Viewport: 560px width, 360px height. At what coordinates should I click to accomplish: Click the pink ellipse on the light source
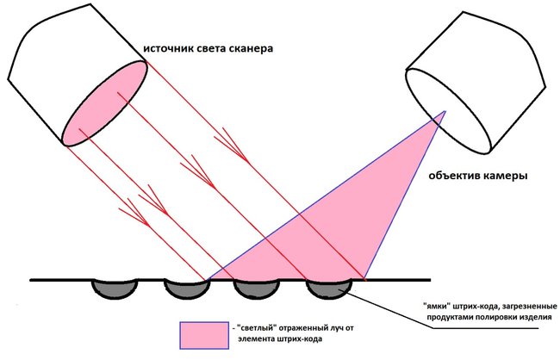pyautogui.click(x=105, y=103)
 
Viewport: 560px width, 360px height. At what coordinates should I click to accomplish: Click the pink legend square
pyautogui.click(x=204, y=335)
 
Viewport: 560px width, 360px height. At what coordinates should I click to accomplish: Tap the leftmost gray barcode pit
pyautogui.click(x=115, y=289)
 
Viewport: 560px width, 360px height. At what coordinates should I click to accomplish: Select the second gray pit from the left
pyautogui.click(x=187, y=289)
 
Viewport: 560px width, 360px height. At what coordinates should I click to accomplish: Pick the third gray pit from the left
pyautogui.click(x=256, y=289)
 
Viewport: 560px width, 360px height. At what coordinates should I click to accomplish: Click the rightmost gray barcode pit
pyautogui.click(x=329, y=289)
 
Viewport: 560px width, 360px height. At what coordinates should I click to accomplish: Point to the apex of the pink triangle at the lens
pyautogui.click(x=445, y=111)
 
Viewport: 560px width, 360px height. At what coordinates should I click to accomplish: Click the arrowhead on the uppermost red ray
pyautogui.click(x=236, y=146)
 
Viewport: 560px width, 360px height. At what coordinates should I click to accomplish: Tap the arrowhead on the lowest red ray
pyautogui.click(x=138, y=214)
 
